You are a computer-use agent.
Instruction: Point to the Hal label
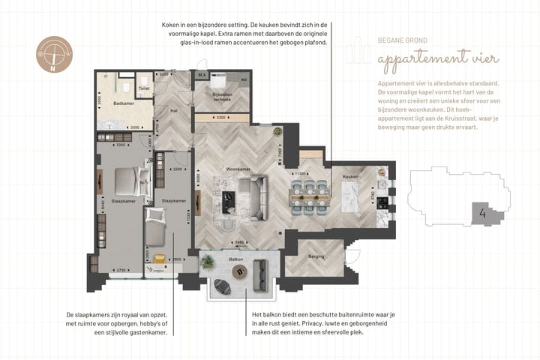pyautogui.click(x=173, y=110)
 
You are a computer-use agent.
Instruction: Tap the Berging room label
pyautogui.click(x=316, y=256)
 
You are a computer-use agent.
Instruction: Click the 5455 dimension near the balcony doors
pyautogui.click(x=240, y=242)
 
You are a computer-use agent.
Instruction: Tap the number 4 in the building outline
pyautogui.click(x=482, y=212)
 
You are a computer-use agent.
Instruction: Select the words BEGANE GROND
pyautogui.click(x=403, y=41)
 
